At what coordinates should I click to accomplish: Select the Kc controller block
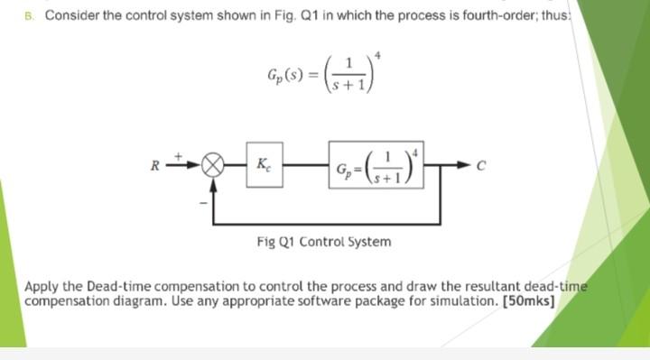tap(261, 167)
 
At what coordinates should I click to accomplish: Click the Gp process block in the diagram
tap(374, 168)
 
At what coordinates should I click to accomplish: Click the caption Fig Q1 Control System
tap(324, 242)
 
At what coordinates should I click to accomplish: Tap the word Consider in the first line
tap(71, 15)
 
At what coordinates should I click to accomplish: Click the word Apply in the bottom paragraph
tap(40, 288)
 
